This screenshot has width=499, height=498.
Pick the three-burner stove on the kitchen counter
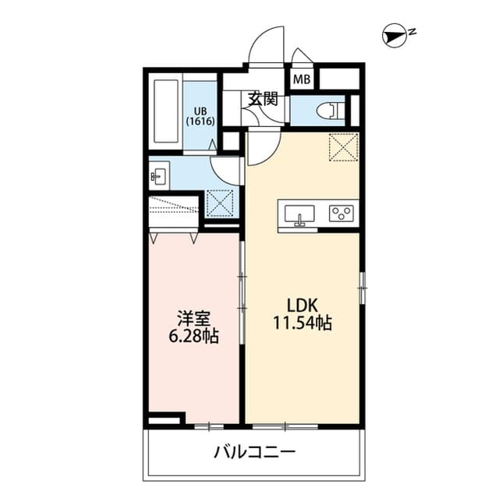click(x=342, y=213)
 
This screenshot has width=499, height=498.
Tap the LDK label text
click(x=303, y=305)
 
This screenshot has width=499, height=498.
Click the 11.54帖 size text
click(x=303, y=323)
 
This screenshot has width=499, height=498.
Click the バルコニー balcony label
click(x=253, y=451)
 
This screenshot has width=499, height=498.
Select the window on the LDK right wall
click(x=361, y=288)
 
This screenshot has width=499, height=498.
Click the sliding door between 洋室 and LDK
click(x=242, y=296)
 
